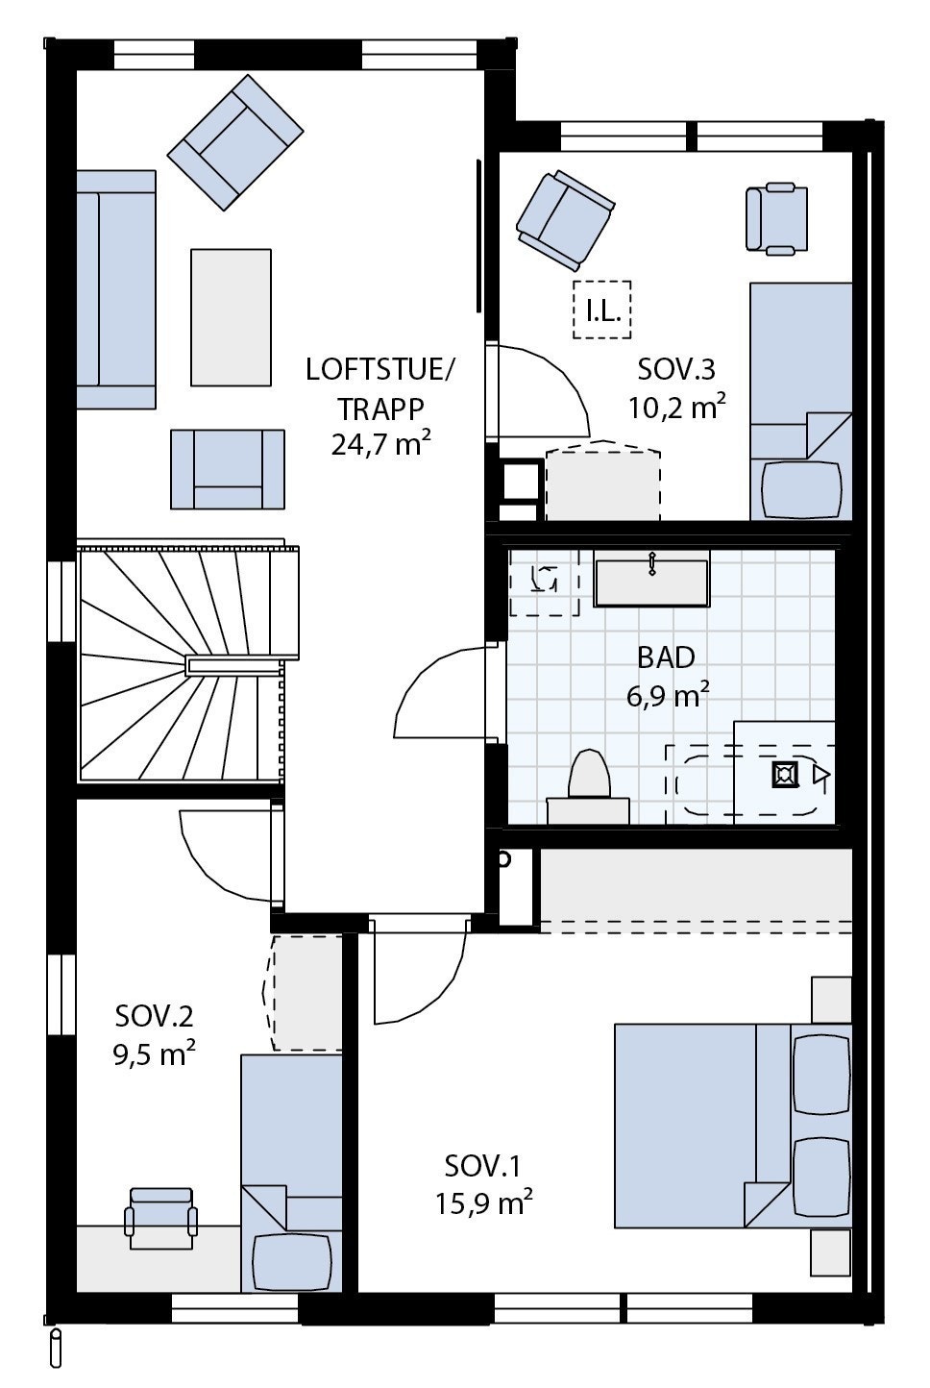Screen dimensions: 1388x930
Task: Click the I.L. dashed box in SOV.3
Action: coord(602,310)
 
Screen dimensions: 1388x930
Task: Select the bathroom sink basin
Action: coord(651,582)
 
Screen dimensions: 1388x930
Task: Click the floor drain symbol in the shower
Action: coord(786,774)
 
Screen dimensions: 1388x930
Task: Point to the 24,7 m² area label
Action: coord(379,445)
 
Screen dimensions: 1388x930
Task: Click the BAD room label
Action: coord(666,657)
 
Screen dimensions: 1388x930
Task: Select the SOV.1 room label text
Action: coord(482,1167)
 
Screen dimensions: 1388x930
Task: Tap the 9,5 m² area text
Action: coord(155,1053)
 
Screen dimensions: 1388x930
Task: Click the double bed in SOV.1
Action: coord(730,1125)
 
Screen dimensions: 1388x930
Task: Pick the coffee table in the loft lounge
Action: coord(231,316)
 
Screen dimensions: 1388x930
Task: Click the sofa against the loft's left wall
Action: coord(115,289)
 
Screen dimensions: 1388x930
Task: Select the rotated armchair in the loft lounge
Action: coord(235,144)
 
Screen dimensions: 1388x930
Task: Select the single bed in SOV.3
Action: coord(800,402)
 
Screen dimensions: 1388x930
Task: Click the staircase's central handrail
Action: coord(235,665)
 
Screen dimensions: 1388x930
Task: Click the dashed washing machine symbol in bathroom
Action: coord(544,582)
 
